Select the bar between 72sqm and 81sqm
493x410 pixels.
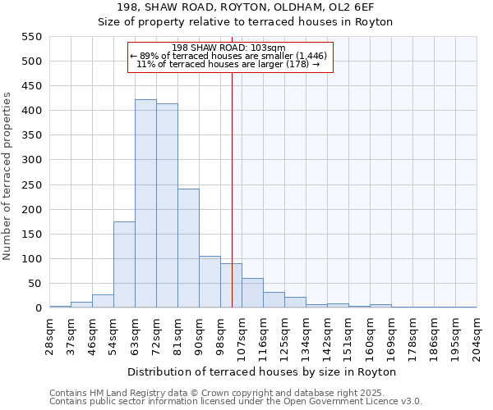[x=167, y=206]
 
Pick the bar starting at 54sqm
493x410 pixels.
[x=124, y=265]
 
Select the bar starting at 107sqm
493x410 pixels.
[x=252, y=293]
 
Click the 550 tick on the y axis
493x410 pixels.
[x=30, y=37]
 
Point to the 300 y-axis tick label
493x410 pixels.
[x=30, y=161]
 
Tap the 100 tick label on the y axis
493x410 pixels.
[x=30, y=259]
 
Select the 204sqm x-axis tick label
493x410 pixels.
[x=477, y=335]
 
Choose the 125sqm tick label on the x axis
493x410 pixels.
[x=284, y=335]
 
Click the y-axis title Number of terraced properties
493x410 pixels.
[x=7, y=176]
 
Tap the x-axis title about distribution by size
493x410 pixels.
[x=262, y=371]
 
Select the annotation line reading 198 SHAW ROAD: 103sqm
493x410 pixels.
[x=230, y=48]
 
